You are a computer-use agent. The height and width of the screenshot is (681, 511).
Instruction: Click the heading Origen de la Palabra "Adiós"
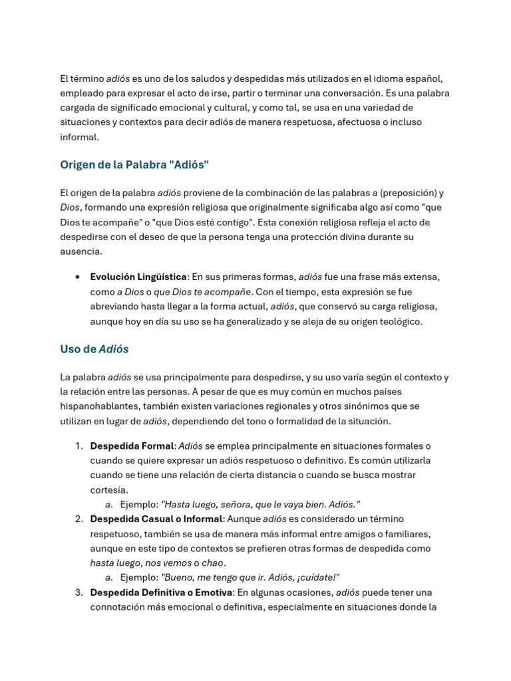point(134,165)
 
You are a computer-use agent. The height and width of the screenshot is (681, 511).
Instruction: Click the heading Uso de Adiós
point(94,349)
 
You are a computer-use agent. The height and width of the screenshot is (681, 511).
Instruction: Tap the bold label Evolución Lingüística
point(138,277)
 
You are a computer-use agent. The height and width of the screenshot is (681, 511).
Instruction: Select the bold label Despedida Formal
point(132,446)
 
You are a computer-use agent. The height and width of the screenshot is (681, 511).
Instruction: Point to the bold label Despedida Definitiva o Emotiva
point(161,592)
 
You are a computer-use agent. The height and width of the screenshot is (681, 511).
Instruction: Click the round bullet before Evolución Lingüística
point(79,277)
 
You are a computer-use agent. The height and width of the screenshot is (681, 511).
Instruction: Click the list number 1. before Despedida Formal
point(79,446)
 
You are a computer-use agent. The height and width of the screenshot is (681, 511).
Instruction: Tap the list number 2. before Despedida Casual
point(79,519)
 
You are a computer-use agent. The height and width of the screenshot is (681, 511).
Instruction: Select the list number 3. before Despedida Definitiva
point(79,592)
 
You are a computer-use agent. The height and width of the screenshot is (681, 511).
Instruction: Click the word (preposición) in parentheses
point(409,193)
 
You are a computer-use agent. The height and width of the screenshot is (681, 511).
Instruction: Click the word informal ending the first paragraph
point(79,137)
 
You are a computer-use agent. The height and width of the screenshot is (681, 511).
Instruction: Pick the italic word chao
point(214,563)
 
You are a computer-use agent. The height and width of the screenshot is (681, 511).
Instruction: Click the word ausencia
point(81,251)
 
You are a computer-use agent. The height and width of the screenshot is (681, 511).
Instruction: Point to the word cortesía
point(108,489)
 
